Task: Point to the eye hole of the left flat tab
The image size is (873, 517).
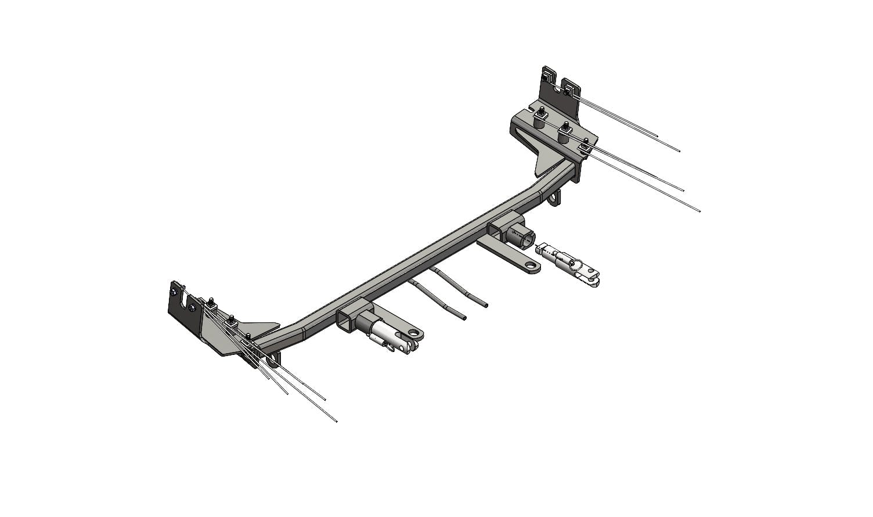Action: pos(414,334)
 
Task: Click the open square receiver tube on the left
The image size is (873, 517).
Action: pos(347,320)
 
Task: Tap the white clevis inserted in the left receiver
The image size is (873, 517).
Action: pos(395,338)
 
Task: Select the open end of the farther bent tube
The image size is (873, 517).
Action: pos(485,305)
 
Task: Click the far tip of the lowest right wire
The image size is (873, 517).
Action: pos(699,211)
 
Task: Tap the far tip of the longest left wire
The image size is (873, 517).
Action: pos(336,421)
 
